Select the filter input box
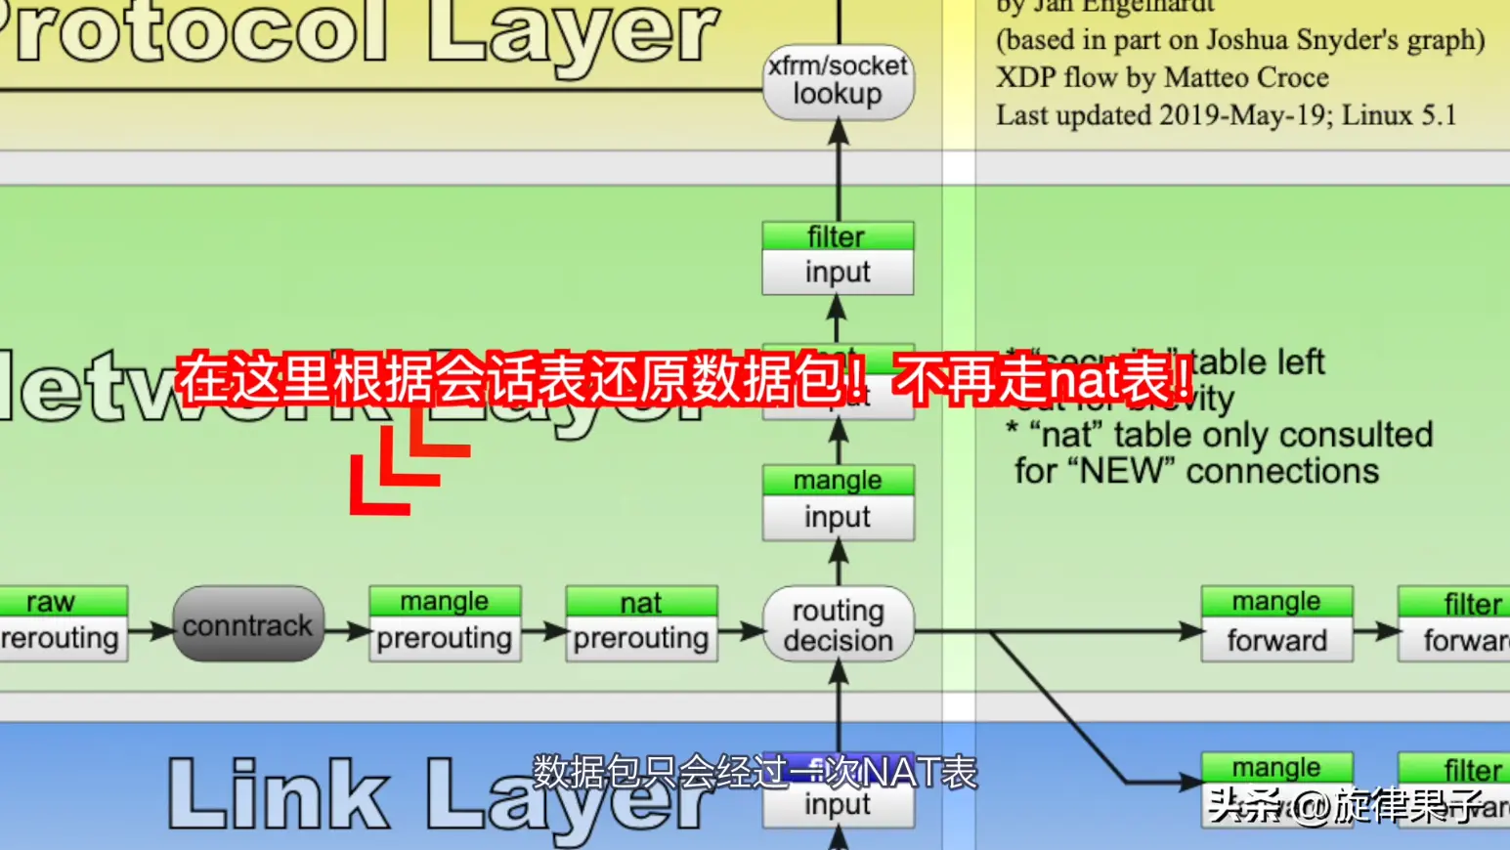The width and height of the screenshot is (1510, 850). coord(838,259)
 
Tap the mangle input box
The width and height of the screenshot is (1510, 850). coord(838,502)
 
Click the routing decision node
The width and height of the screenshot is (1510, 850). coord(838,625)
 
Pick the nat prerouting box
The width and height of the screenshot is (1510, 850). coord(641,624)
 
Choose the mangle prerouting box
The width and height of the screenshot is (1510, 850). coord(445,624)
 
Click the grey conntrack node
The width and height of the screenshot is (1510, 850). coord(248,624)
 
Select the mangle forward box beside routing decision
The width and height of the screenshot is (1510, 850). coord(1276,624)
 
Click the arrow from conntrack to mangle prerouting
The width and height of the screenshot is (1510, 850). coord(346,632)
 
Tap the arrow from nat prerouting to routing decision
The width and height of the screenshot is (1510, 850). coord(740,632)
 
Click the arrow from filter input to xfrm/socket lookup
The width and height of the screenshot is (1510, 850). coord(838,171)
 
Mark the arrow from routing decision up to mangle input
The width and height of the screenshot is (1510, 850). coord(838,563)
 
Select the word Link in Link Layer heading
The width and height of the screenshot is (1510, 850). coord(279,794)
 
